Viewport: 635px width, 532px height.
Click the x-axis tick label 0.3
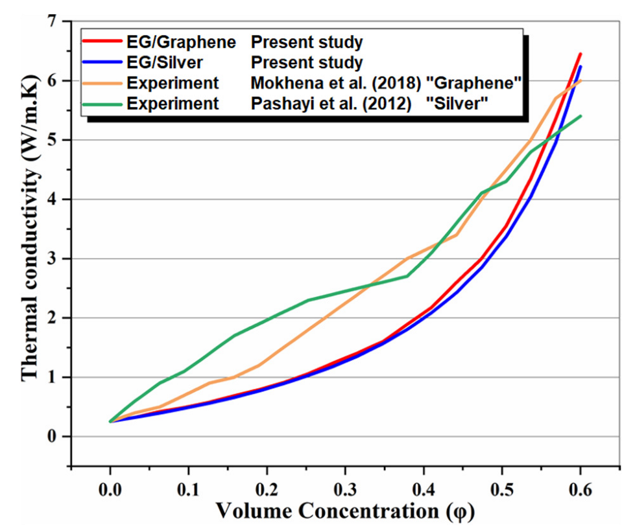[x=345, y=484]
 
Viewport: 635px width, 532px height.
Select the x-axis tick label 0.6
[x=580, y=484]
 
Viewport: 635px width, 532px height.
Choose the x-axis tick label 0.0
[x=110, y=484]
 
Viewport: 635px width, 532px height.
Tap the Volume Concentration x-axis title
[x=345, y=511]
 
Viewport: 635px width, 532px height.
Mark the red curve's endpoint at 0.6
[x=581, y=54]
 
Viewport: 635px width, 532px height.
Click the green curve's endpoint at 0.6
[x=581, y=116]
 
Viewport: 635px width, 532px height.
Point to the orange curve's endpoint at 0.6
[x=581, y=80]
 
